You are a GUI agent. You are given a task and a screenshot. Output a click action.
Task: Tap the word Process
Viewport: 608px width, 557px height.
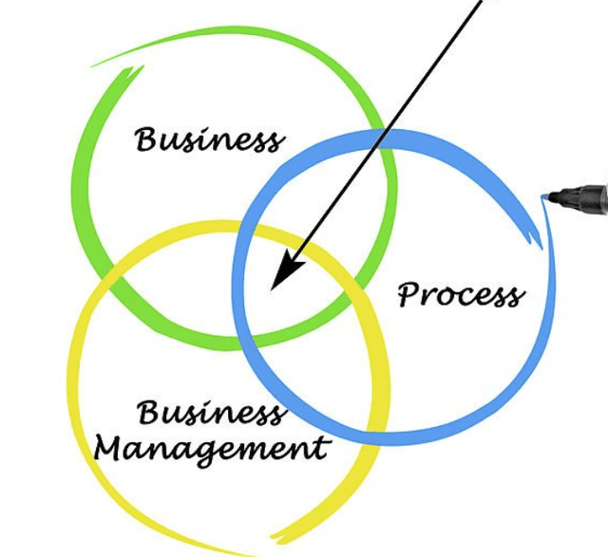460,294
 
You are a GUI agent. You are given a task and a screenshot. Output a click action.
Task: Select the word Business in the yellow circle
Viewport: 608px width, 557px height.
210,414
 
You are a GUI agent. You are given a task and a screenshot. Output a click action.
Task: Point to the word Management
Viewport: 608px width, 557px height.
212,447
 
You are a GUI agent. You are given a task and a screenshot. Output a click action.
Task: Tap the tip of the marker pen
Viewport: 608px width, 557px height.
544,196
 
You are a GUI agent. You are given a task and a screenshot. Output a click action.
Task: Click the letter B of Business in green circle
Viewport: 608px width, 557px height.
145,139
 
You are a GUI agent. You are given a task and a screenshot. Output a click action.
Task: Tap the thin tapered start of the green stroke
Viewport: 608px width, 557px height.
95,65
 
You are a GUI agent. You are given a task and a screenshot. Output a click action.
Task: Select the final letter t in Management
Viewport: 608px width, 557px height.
325,446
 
